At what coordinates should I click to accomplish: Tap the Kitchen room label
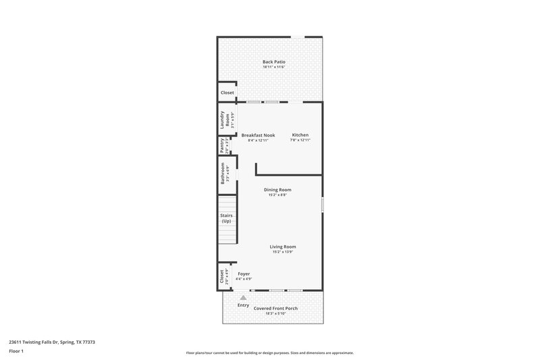[300, 135]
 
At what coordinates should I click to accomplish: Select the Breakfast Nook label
[258, 135]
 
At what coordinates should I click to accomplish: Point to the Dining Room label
[277, 190]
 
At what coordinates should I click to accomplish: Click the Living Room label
[284, 247]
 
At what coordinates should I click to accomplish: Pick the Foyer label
[244, 274]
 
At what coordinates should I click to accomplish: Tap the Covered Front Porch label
[275, 308]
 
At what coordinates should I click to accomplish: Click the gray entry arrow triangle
[244, 297]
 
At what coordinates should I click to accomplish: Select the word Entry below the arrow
[243, 305]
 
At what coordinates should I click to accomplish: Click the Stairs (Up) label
[227, 218]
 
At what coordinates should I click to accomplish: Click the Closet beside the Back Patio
[227, 93]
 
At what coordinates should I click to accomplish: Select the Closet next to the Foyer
[222, 276]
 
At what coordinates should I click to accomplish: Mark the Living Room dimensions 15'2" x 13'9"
[284, 252]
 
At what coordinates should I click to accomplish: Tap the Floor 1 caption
[16, 351]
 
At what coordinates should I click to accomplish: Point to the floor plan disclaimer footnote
[270, 353]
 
